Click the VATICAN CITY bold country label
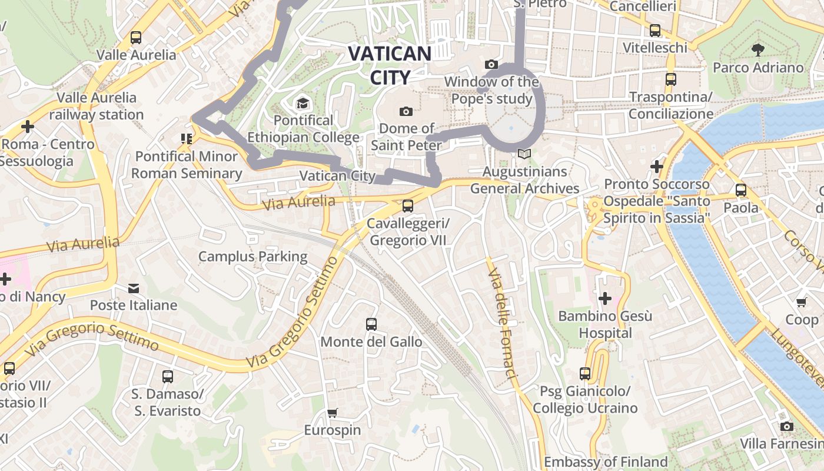click(390, 65)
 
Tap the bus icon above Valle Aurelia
click(136, 38)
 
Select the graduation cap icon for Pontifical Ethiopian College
click(303, 104)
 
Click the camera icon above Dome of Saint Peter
click(406, 111)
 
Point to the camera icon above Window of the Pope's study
click(491, 64)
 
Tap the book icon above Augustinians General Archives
click(524, 154)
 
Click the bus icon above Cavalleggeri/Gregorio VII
click(407, 206)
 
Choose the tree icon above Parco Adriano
click(758, 50)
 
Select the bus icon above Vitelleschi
click(654, 30)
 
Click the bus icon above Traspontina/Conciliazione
click(670, 79)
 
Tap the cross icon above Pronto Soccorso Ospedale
click(657, 167)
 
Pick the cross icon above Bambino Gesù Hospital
click(604, 298)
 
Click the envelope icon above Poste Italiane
click(134, 288)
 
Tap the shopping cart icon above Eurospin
click(333, 413)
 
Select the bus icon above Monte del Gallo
click(371, 324)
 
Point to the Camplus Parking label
click(252, 257)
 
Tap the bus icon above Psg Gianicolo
click(584, 373)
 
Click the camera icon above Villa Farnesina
click(787, 426)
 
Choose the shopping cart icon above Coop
click(801, 303)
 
